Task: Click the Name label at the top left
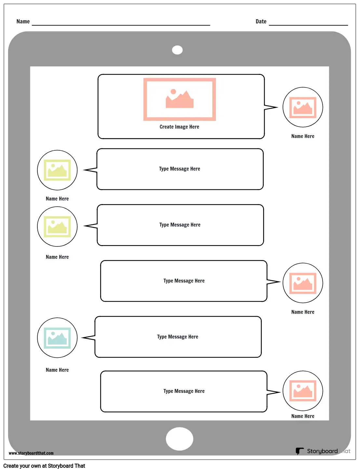pyautogui.click(x=23, y=21)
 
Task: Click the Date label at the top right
pyautogui.click(x=261, y=21)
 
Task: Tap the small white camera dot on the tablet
pyautogui.click(x=177, y=50)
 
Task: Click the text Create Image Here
pyautogui.click(x=180, y=127)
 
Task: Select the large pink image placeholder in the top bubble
pyautogui.click(x=180, y=99)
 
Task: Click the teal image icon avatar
pyautogui.click(x=57, y=338)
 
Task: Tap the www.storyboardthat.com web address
pyautogui.click(x=31, y=453)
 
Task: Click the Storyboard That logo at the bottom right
pyautogui.click(x=323, y=451)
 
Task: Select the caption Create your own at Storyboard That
pyautogui.click(x=44, y=466)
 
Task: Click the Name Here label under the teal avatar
pyautogui.click(x=57, y=370)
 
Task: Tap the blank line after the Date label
pyautogui.click(x=308, y=25)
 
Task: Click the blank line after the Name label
pyautogui.click(x=121, y=25)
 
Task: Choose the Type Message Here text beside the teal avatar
pyautogui.click(x=178, y=337)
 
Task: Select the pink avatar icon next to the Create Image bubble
pyautogui.click(x=303, y=107)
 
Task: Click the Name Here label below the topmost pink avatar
pyautogui.click(x=303, y=136)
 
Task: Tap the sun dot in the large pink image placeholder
pyautogui.click(x=173, y=91)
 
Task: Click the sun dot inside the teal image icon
pyautogui.click(x=53, y=334)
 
